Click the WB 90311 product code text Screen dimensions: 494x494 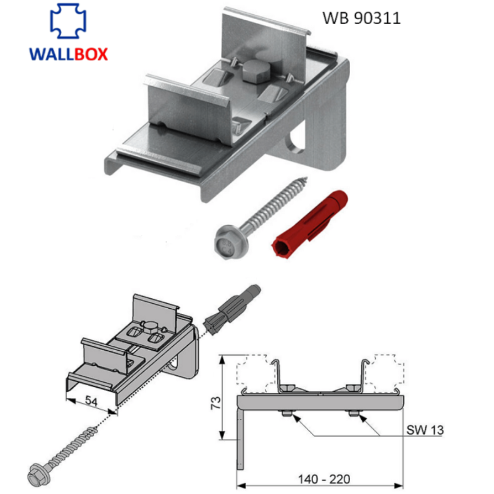point(361,18)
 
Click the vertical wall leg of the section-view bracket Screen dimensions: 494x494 point(240,435)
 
